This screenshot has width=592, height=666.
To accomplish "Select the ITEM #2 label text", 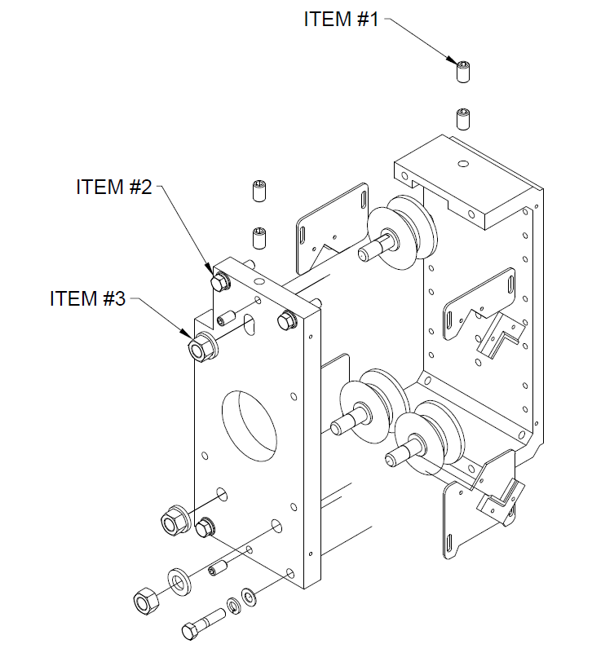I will [114, 187].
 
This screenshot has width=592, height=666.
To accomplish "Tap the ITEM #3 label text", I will [87, 298].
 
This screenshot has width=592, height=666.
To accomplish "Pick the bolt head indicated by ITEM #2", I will [219, 283].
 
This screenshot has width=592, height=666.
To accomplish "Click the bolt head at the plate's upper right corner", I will [287, 320].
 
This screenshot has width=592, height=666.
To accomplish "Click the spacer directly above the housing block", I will [463, 119].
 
